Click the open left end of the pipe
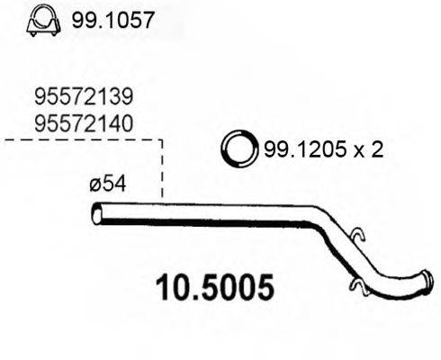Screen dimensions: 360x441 point(98,215)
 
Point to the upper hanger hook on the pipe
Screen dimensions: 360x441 point(357,235)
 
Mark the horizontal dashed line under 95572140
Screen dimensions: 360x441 point(81,140)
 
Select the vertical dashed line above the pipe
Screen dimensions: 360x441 point(162,171)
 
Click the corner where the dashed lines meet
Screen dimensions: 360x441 point(162,140)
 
